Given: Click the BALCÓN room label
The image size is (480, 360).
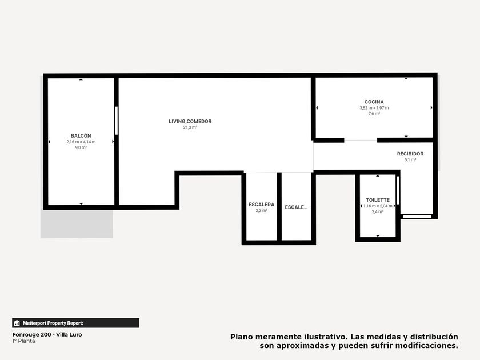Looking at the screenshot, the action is click(x=81, y=135).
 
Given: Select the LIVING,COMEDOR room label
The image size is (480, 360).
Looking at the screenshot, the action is click(x=190, y=121).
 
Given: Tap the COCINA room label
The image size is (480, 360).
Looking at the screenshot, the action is click(x=374, y=102).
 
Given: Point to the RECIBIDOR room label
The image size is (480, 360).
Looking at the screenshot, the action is click(x=410, y=154).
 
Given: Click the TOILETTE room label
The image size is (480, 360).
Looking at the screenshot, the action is click(x=378, y=200).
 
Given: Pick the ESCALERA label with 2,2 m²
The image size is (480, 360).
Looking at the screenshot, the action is click(x=262, y=205).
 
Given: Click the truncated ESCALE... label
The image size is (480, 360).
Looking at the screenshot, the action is click(x=296, y=207).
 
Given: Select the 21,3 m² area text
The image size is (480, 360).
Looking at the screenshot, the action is click(x=190, y=127).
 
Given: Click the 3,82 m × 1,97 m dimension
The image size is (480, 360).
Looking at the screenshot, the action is click(x=374, y=108).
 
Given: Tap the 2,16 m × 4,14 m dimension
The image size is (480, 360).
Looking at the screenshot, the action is click(x=81, y=142).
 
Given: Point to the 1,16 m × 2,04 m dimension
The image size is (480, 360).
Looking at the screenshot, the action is click(x=378, y=206).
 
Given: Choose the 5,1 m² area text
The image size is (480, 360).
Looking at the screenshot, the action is click(x=410, y=160).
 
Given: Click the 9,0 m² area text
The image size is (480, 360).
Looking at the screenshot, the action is click(x=81, y=147).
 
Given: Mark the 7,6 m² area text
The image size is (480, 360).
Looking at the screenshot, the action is click(x=374, y=114).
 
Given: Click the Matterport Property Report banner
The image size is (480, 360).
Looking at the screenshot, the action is click(x=75, y=323).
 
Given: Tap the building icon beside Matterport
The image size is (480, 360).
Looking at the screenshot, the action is click(x=17, y=323).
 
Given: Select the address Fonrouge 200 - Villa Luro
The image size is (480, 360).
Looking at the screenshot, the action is click(x=47, y=335).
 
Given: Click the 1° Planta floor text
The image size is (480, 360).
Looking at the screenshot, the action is click(x=23, y=341).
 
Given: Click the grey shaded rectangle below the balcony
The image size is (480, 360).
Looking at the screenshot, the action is click(x=77, y=224).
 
